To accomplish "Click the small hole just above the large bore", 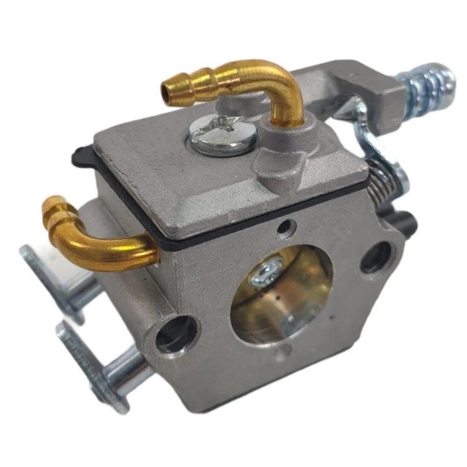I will click(x=284, y=226).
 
